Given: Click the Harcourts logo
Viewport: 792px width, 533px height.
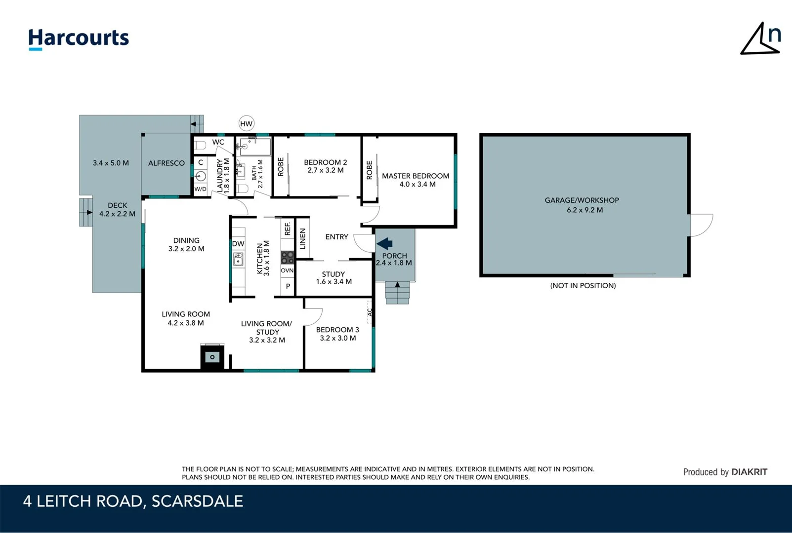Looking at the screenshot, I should [x=79, y=38].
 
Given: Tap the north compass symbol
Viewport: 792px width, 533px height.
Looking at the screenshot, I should [x=761, y=38].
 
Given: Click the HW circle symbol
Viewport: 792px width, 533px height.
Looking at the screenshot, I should [x=246, y=124].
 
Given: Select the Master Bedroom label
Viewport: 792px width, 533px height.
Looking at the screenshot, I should [x=416, y=176].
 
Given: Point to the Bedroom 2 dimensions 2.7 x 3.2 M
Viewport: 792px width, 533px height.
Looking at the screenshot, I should [x=325, y=170].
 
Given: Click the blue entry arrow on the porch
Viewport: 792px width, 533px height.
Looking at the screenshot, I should [x=384, y=243].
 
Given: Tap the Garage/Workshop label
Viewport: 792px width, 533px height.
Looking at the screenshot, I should [x=582, y=200].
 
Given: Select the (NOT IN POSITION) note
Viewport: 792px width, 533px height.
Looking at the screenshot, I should [x=583, y=286].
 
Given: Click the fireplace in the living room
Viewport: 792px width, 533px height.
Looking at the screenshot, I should [x=212, y=356].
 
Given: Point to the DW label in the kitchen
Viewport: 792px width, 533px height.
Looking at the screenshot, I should [x=238, y=244].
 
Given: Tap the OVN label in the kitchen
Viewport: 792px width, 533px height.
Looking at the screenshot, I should [x=287, y=270].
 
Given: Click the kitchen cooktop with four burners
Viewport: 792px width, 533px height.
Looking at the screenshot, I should [x=287, y=257].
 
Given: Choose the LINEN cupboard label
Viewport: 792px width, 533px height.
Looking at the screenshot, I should [x=303, y=238].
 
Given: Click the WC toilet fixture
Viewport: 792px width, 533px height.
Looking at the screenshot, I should [x=200, y=146].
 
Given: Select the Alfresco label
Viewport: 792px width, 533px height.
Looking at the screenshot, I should [x=167, y=163].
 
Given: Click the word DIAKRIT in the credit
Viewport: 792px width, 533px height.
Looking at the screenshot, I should [x=749, y=472].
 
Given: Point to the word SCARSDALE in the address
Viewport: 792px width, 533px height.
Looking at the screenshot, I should [x=197, y=501].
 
